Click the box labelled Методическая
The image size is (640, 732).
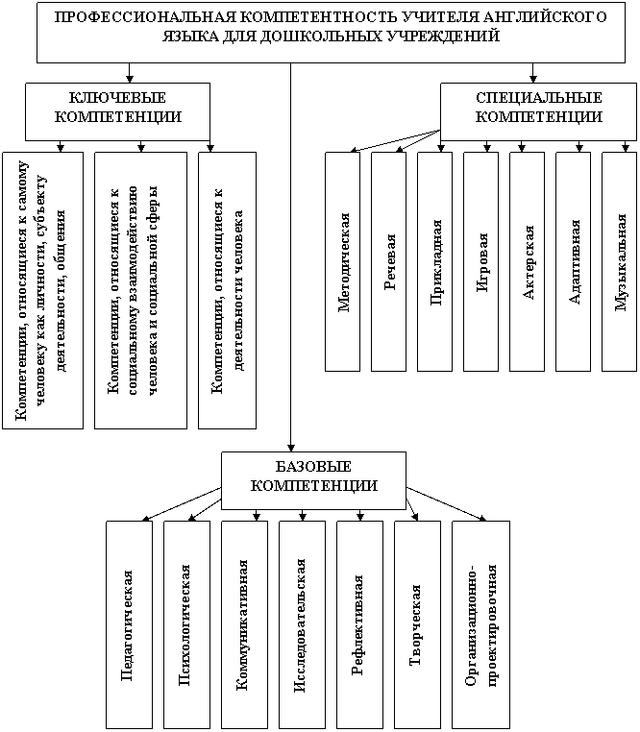click(x=342, y=261)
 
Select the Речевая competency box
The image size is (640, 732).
click(x=388, y=261)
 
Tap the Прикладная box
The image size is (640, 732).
click(x=435, y=261)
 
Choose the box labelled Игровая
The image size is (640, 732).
click(x=480, y=261)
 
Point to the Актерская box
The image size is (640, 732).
click(x=527, y=261)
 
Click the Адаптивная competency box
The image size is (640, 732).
click(x=573, y=261)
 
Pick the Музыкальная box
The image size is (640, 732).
click(x=620, y=261)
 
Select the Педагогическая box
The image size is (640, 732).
click(x=130, y=625)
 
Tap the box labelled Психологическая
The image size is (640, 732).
click(x=186, y=625)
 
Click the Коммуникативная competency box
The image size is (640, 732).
click(x=245, y=625)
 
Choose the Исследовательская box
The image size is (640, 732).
click(x=303, y=625)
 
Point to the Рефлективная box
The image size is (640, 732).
click(x=360, y=625)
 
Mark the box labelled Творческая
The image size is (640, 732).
click(x=418, y=625)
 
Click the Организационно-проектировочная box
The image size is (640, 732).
click(x=481, y=625)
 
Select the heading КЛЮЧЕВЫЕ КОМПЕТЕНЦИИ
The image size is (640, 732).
click(x=118, y=108)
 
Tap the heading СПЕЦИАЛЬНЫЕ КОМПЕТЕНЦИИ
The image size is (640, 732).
click(x=539, y=108)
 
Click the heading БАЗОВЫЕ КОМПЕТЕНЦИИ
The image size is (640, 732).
click(x=314, y=476)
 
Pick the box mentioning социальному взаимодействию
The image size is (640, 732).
click(x=140, y=290)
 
